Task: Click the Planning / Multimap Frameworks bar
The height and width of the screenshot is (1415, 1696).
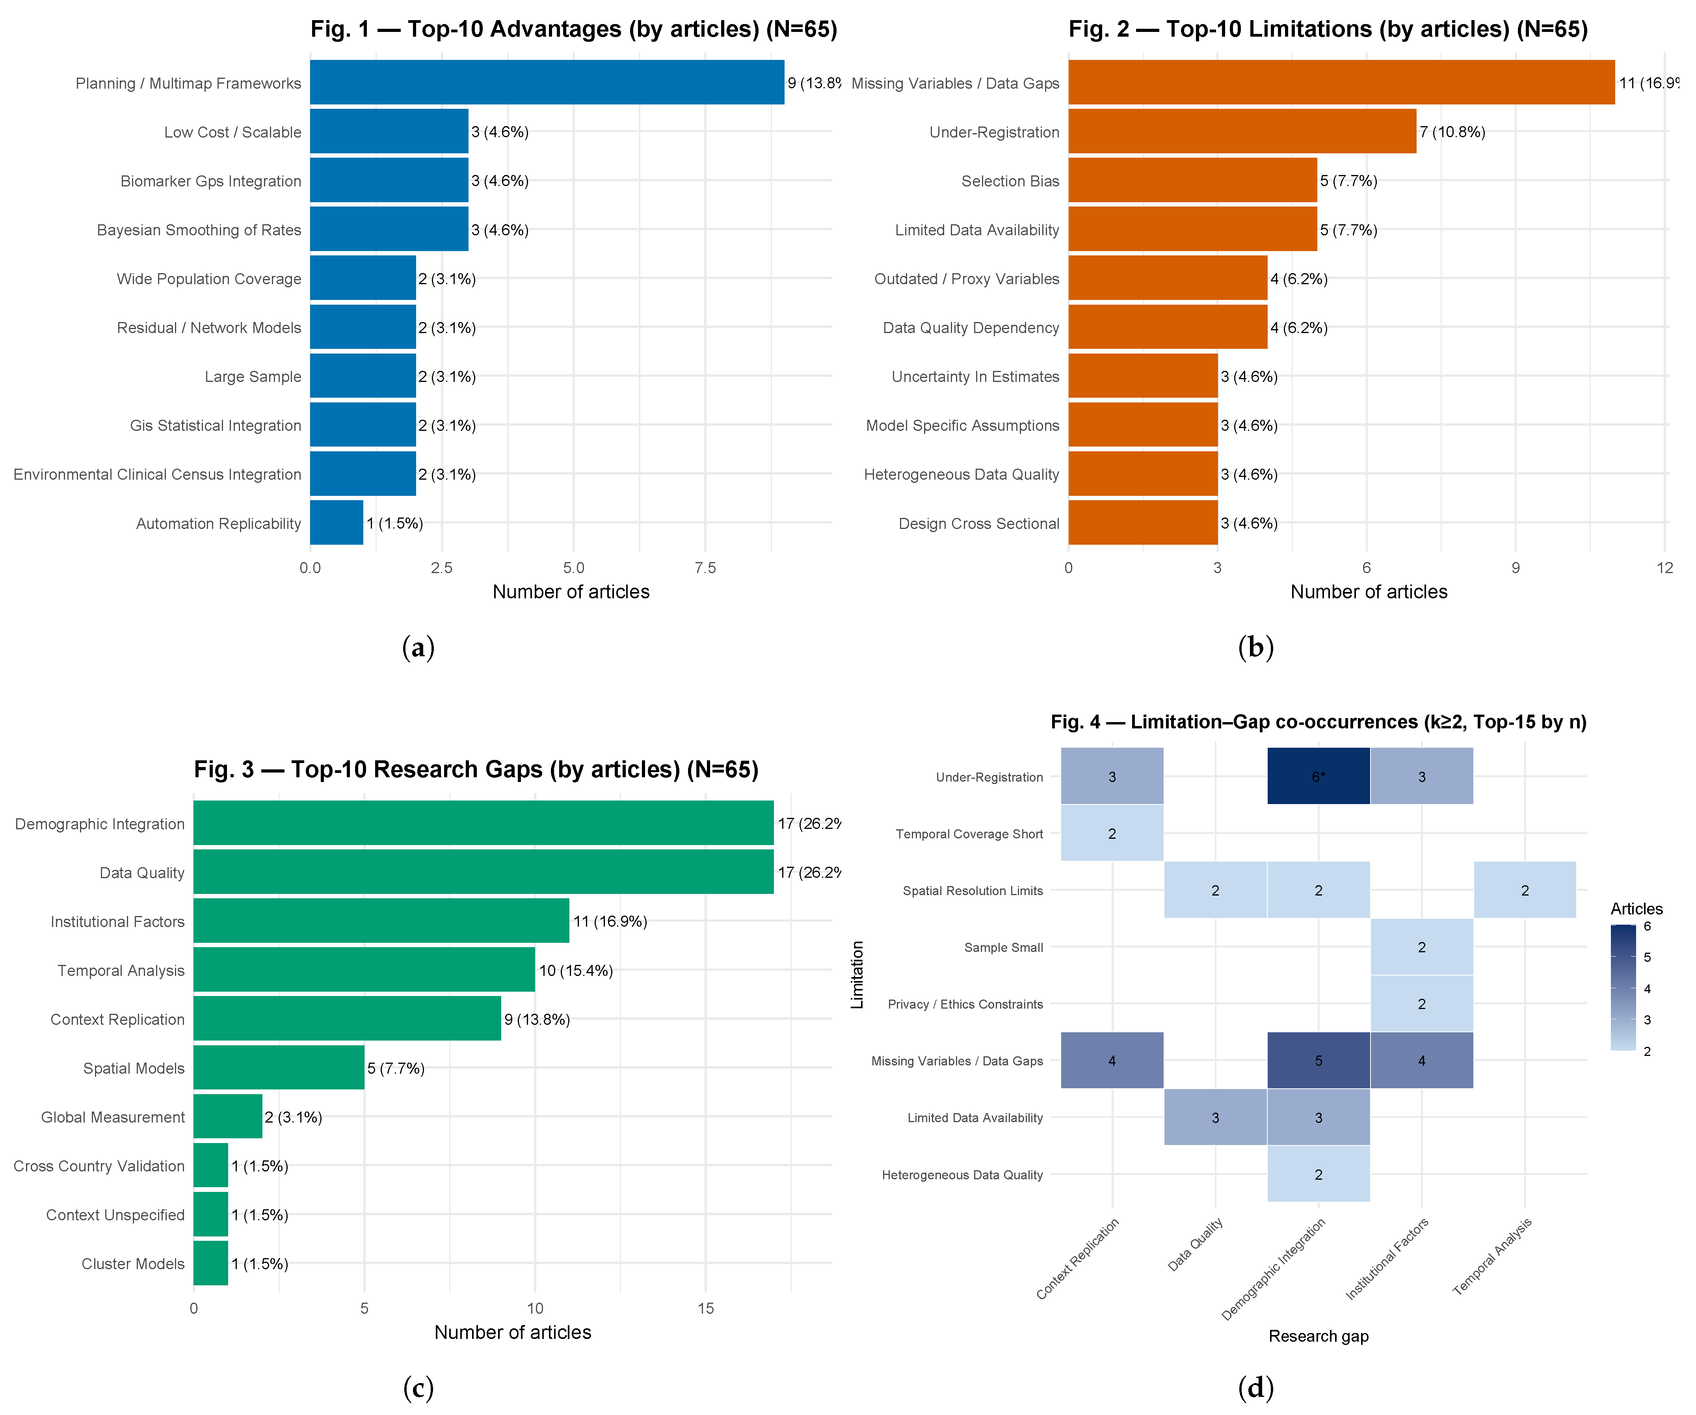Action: (x=547, y=82)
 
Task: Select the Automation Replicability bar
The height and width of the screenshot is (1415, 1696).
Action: (x=337, y=523)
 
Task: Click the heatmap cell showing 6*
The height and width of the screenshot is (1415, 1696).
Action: (x=1319, y=776)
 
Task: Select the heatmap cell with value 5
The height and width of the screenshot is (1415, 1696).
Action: (x=1319, y=1060)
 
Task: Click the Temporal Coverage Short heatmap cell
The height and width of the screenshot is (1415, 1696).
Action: (x=1112, y=834)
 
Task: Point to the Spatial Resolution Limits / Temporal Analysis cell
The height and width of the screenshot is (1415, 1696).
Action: (x=1525, y=890)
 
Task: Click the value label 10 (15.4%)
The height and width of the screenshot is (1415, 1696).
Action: (x=576, y=970)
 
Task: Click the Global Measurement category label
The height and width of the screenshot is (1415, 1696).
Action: (x=113, y=1117)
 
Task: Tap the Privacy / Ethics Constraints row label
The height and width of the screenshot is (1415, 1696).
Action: (x=965, y=1004)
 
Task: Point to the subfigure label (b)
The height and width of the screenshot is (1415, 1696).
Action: (x=1256, y=647)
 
